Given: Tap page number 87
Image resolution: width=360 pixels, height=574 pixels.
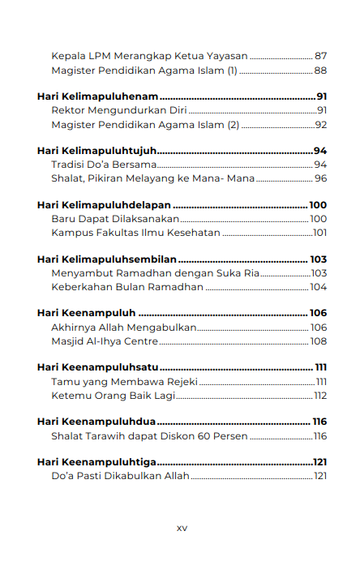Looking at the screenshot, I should coord(320,56).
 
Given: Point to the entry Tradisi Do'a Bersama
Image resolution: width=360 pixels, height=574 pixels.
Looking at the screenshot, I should coord(103,165).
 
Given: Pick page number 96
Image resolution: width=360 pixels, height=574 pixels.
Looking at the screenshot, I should coord(320,178).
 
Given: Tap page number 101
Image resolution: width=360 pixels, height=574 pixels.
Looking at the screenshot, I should coord(319,233).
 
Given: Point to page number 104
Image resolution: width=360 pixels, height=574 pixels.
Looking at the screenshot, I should coord(319,287).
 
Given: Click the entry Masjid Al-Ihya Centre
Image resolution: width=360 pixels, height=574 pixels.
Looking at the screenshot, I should coord(105,341).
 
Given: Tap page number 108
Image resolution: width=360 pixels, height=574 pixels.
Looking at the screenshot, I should coord(319,341).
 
